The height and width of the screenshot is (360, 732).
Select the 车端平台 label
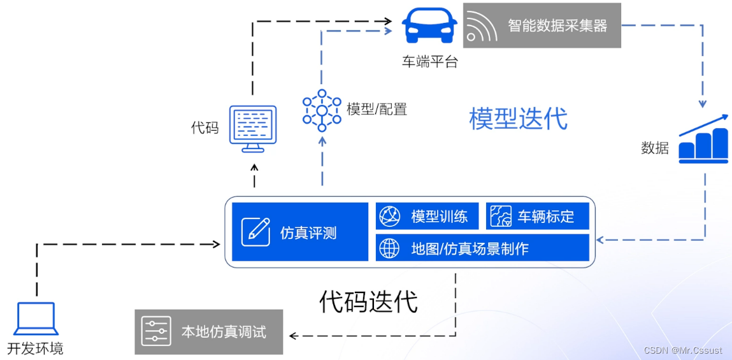click(429, 62)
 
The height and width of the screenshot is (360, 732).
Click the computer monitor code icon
click(253, 129)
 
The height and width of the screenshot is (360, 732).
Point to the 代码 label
click(205, 127)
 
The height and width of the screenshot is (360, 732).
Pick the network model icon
click(322, 110)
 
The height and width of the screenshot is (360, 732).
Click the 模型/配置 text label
click(377, 109)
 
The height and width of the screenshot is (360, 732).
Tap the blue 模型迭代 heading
click(518, 119)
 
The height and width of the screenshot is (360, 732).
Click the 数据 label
click(654, 148)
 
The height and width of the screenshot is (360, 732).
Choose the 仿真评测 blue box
click(299, 232)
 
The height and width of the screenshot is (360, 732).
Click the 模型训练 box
click(427, 217)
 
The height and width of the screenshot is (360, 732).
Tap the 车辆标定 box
click(537, 217)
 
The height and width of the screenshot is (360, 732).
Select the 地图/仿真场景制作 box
click(482, 248)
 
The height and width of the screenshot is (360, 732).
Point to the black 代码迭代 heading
click(368, 301)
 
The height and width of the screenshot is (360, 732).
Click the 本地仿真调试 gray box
click(209, 332)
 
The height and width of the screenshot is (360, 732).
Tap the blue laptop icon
click(36, 319)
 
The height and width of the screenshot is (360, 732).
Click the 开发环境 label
click(36, 349)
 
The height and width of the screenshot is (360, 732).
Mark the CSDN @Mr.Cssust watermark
click(683, 350)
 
